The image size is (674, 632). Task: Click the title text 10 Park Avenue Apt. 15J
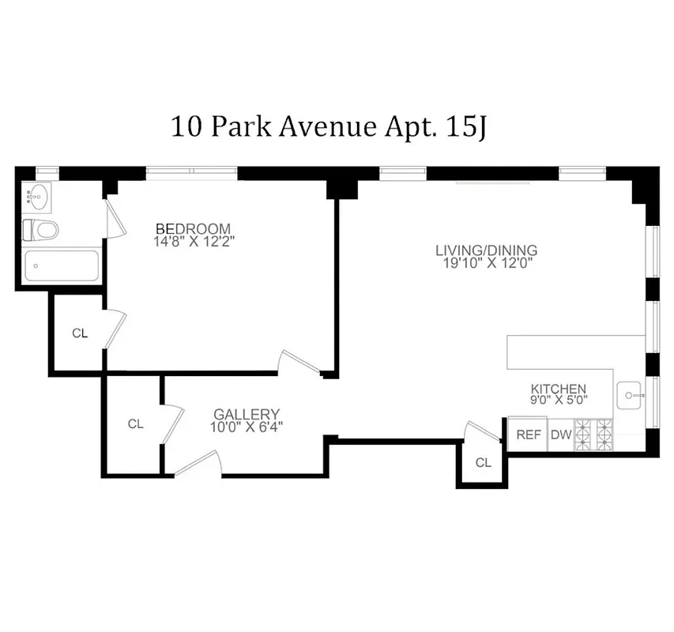(x=328, y=127)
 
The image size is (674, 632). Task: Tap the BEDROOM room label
(x=193, y=229)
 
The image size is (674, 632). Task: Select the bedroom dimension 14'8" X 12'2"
(x=194, y=242)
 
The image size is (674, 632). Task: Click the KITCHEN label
(x=558, y=389)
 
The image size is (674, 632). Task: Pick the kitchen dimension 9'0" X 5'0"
(x=558, y=401)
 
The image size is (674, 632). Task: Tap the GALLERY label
(x=247, y=414)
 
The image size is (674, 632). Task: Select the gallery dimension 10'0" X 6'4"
(x=247, y=427)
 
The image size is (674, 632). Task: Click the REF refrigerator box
(x=528, y=434)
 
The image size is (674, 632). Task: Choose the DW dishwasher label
(x=560, y=434)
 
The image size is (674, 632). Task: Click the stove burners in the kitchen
(x=593, y=434)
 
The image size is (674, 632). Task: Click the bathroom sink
(x=37, y=194)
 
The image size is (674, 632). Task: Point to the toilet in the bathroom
(x=41, y=231)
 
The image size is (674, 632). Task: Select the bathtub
(x=61, y=266)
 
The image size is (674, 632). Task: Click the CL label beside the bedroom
(x=80, y=333)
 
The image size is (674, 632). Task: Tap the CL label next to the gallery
(x=136, y=424)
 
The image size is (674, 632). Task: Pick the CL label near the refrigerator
(x=484, y=463)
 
